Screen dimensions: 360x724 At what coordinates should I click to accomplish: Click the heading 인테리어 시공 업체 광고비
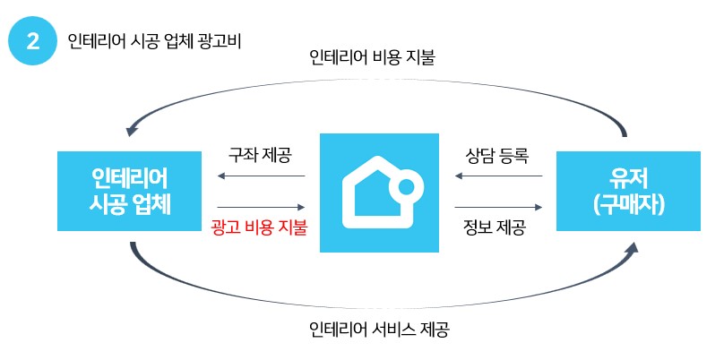[x=154, y=41]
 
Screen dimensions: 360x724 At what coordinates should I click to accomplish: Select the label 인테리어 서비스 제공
[x=377, y=329]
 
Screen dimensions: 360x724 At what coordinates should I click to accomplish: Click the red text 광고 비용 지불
[x=260, y=227]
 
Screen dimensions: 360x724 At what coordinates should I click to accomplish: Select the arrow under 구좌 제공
[x=261, y=176]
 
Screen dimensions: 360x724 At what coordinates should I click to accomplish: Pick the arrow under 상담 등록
[x=498, y=176]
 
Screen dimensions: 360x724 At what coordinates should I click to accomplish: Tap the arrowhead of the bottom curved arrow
[x=633, y=248]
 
